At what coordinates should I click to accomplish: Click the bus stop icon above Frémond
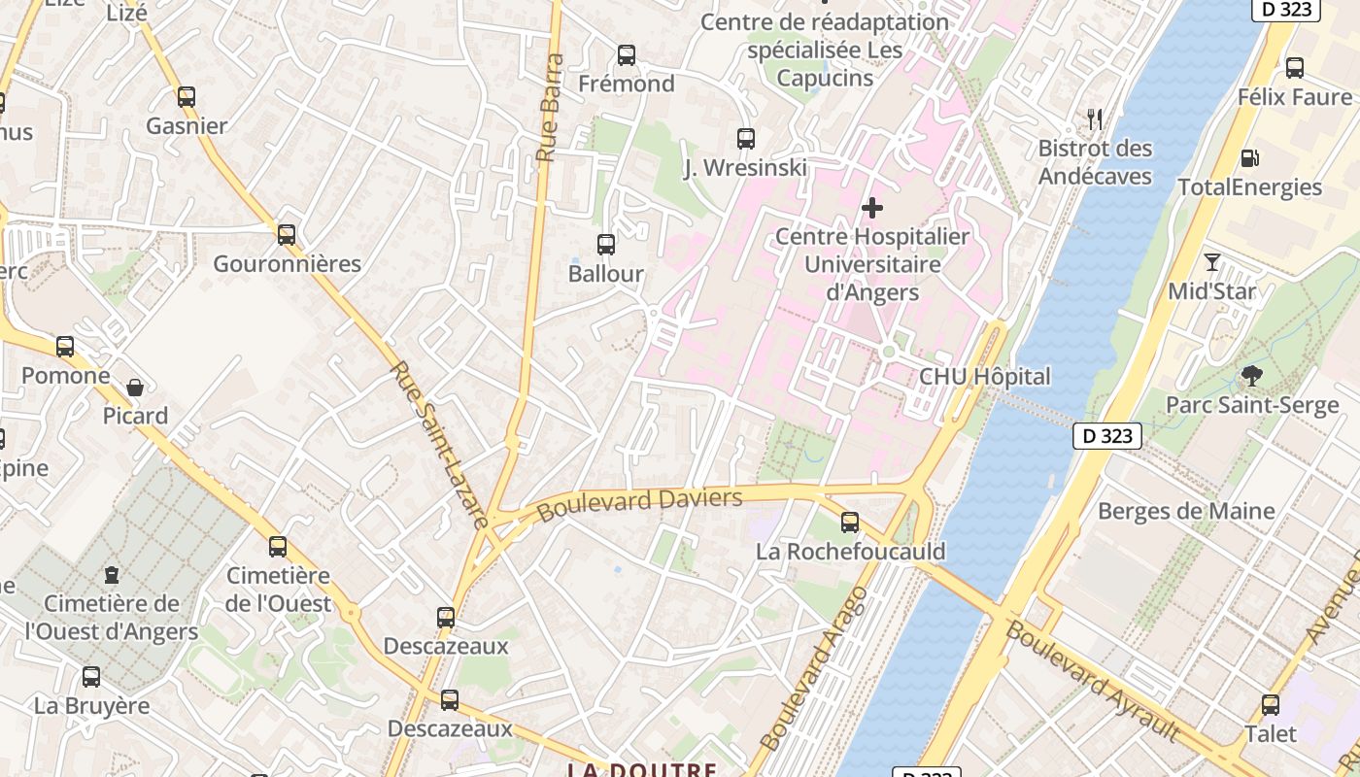[627, 55]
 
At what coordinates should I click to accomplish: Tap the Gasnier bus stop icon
[187, 97]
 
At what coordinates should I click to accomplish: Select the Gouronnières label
[287, 264]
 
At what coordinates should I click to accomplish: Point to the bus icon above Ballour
[606, 245]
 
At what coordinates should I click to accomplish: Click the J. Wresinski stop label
[745, 168]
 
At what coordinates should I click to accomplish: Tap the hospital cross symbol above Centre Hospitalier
[872, 207]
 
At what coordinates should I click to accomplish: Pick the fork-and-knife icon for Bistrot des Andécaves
[1095, 119]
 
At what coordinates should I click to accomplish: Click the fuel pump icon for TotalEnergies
[1249, 158]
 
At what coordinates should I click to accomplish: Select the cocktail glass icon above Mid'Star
[1211, 262]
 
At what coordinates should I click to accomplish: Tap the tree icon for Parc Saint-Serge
[1252, 376]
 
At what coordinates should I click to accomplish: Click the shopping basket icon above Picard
[135, 388]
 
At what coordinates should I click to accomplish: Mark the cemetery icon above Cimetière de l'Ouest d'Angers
[112, 574]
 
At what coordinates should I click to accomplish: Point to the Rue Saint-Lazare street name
[438, 444]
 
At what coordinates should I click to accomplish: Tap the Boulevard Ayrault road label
[1093, 681]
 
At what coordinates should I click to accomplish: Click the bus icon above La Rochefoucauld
[850, 523]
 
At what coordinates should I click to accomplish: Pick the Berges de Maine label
[1185, 511]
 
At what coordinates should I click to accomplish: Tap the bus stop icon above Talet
[1271, 705]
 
